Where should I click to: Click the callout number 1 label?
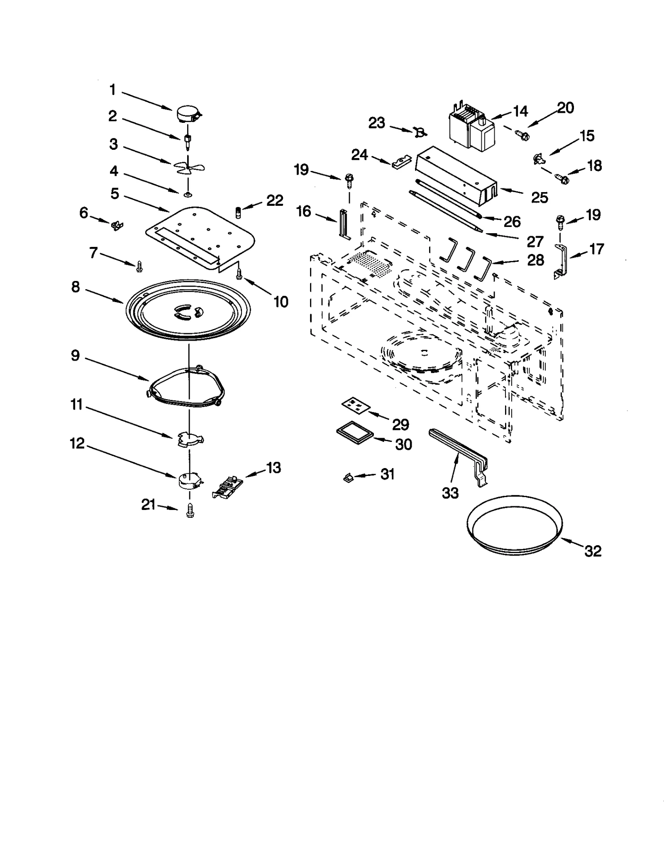(112, 90)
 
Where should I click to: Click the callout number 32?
(593, 551)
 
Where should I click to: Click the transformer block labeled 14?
(471, 130)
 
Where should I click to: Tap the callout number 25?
(539, 198)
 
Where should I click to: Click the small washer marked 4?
(188, 194)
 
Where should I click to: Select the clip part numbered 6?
(117, 226)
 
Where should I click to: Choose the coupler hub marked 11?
(189, 439)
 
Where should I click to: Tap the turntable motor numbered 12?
(189, 481)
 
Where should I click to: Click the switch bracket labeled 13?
(227, 486)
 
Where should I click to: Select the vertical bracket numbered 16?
(344, 224)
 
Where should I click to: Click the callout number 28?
(535, 260)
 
